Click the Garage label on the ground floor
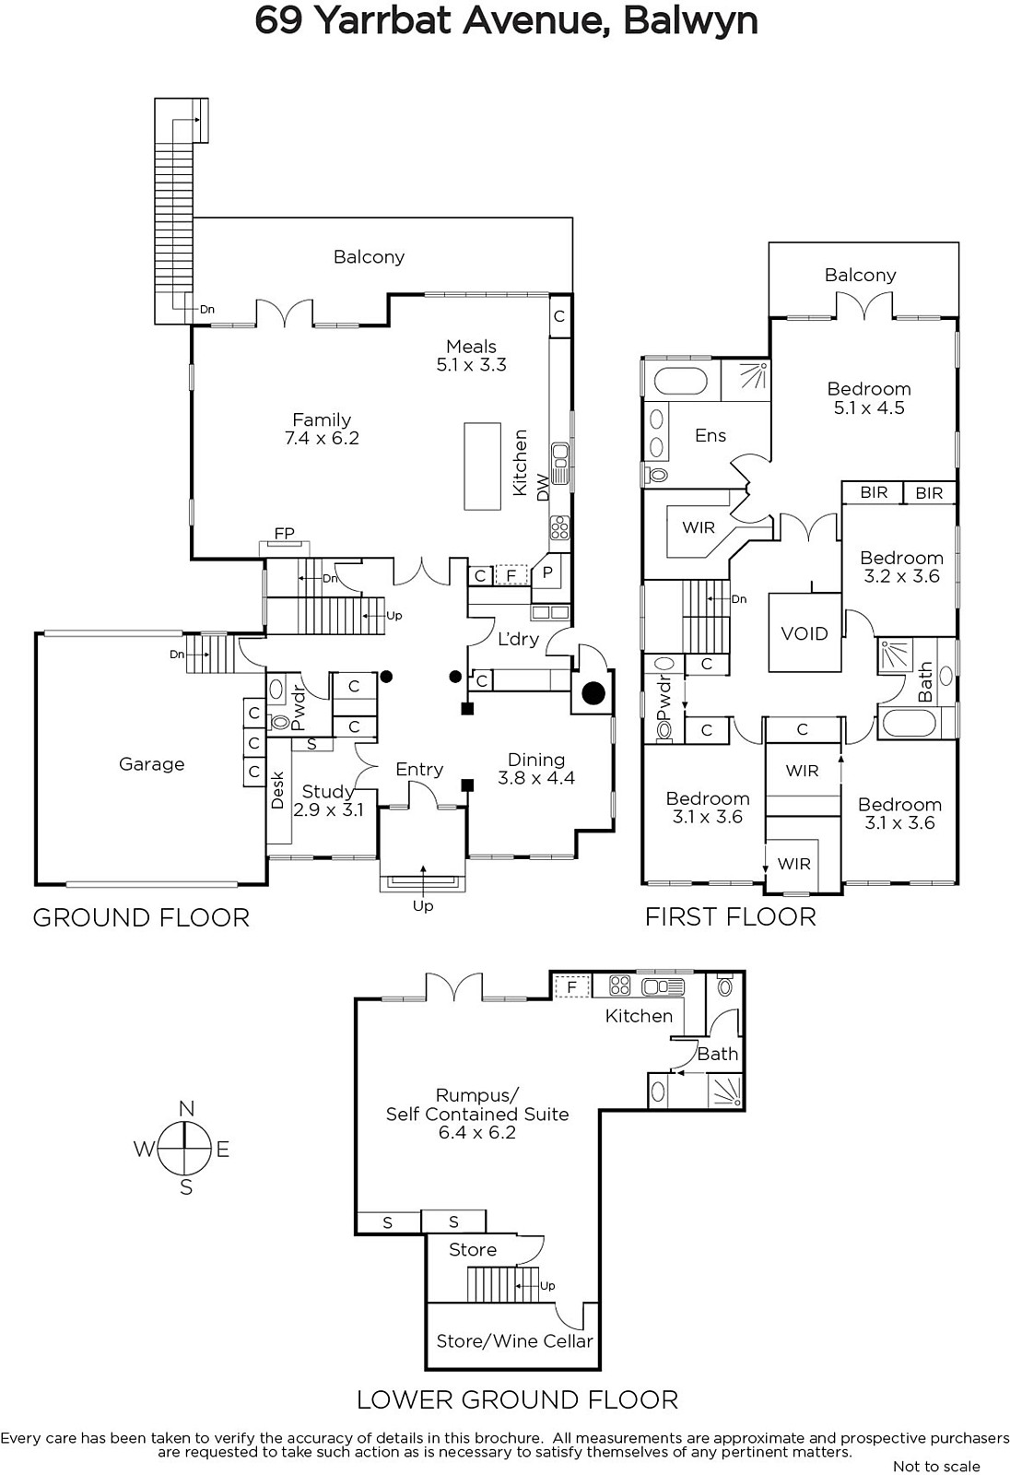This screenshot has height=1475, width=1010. tap(151, 764)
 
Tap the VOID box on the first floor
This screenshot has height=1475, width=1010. tap(804, 633)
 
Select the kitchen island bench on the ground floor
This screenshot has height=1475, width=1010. tap(482, 466)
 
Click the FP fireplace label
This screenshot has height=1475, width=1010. tap(284, 534)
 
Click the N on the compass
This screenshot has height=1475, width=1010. tap(186, 1109)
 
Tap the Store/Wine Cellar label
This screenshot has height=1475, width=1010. tap(514, 1341)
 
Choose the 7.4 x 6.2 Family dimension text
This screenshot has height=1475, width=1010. tap(322, 439)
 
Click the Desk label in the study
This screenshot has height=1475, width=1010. tap(277, 790)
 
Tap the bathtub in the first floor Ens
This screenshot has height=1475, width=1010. tap(680, 381)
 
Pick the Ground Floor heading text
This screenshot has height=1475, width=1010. tap(141, 917)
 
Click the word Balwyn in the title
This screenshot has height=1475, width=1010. tap(690, 20)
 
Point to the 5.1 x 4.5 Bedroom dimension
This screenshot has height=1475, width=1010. tap(869, 407)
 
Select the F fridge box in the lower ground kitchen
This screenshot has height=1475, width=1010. tap(571, 987)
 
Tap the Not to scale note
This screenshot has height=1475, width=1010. tap(936, 1466)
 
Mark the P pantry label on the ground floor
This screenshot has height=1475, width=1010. tap(547, 572)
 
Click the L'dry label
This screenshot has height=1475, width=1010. tap(518, 639)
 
